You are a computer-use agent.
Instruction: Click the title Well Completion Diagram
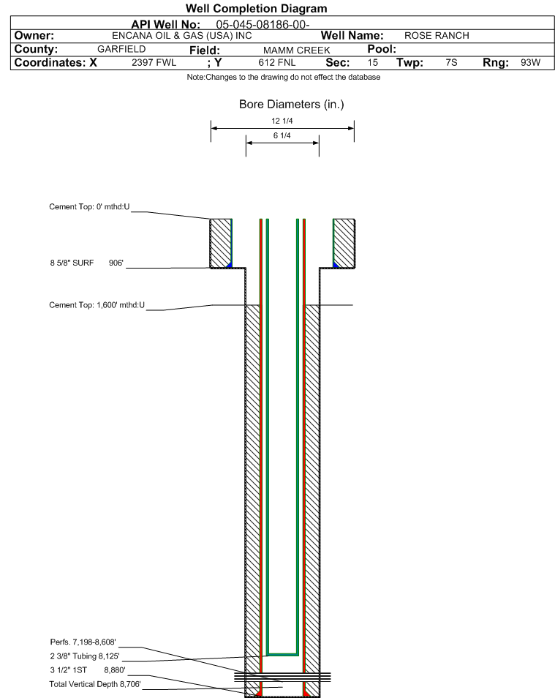pyautogui.click(x=256, y=9)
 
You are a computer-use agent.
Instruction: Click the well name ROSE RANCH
pyautogui.click(x=437, y=36)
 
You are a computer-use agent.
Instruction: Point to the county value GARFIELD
pyautogui.click(x=121, y=49)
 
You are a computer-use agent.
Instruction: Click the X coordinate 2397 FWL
pyautogui.click(x=154, y=63)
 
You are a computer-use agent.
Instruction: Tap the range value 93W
pyautogui.click(x=530, y=63)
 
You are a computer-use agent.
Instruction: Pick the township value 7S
pyautogui.click(x=451, y=63)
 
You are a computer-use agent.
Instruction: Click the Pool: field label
pyautogui.click(x=381, y=49)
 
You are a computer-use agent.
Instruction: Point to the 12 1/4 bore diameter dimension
pyautogui.click(x=282, y=121)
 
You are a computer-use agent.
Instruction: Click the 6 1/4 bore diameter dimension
pyautogui.click(x=282, y=136)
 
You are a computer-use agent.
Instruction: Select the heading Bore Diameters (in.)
pyautogui.click(x=291, y=105)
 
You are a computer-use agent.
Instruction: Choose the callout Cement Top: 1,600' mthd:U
pyautogui.click(x=97, y=305)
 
